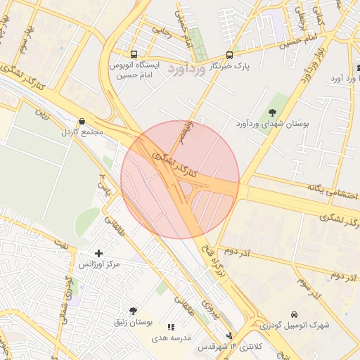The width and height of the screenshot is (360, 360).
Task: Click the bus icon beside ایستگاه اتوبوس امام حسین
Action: [134, 54]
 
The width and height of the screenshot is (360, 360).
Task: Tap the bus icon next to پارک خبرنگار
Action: [230, 56]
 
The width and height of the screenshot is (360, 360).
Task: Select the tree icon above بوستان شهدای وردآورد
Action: [272, 112]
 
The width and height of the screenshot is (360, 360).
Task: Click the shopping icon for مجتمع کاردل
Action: [82, 121]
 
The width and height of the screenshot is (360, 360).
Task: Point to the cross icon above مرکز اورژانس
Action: [98, 253]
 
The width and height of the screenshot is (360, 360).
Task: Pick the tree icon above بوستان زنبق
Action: [133, 311]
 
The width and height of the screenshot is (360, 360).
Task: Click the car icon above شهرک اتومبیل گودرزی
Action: [293, 314]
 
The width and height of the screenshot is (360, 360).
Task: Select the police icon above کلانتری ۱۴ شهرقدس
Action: [229, 336]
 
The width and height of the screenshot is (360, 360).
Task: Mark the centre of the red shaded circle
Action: [180, 180]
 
